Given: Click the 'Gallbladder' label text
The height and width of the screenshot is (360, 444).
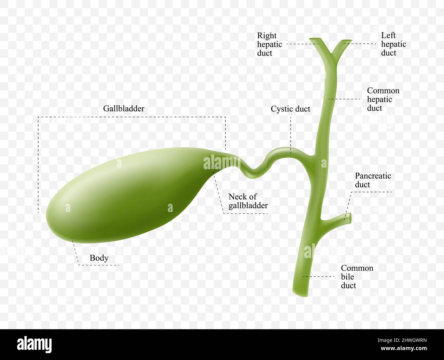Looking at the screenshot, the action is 124,108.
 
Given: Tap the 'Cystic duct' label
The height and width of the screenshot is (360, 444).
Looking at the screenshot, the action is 290,109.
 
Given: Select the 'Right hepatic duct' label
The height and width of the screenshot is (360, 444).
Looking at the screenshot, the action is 269,44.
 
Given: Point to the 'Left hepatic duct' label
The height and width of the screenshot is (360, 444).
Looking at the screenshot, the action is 393,44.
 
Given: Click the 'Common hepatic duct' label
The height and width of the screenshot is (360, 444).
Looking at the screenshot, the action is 383,99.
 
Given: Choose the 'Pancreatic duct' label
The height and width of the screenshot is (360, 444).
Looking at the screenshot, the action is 373,180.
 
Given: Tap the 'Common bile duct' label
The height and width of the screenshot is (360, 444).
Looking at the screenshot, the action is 357,277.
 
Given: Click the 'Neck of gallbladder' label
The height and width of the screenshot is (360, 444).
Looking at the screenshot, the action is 248,201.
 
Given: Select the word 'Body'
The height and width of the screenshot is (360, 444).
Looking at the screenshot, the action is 99,258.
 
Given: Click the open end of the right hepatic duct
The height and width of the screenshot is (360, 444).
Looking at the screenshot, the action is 315,39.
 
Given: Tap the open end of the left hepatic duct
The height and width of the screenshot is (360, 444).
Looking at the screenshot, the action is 346,40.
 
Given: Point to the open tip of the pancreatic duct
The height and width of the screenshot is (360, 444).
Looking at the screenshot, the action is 350,218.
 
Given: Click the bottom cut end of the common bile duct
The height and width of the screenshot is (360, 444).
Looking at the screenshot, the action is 300,294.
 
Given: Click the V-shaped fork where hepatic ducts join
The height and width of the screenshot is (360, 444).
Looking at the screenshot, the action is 331,55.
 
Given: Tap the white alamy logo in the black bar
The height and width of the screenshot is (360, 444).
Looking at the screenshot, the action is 34,345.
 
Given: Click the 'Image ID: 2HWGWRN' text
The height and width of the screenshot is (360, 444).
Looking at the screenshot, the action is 402,341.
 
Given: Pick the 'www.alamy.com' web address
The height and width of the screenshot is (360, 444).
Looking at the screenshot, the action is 404,348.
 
